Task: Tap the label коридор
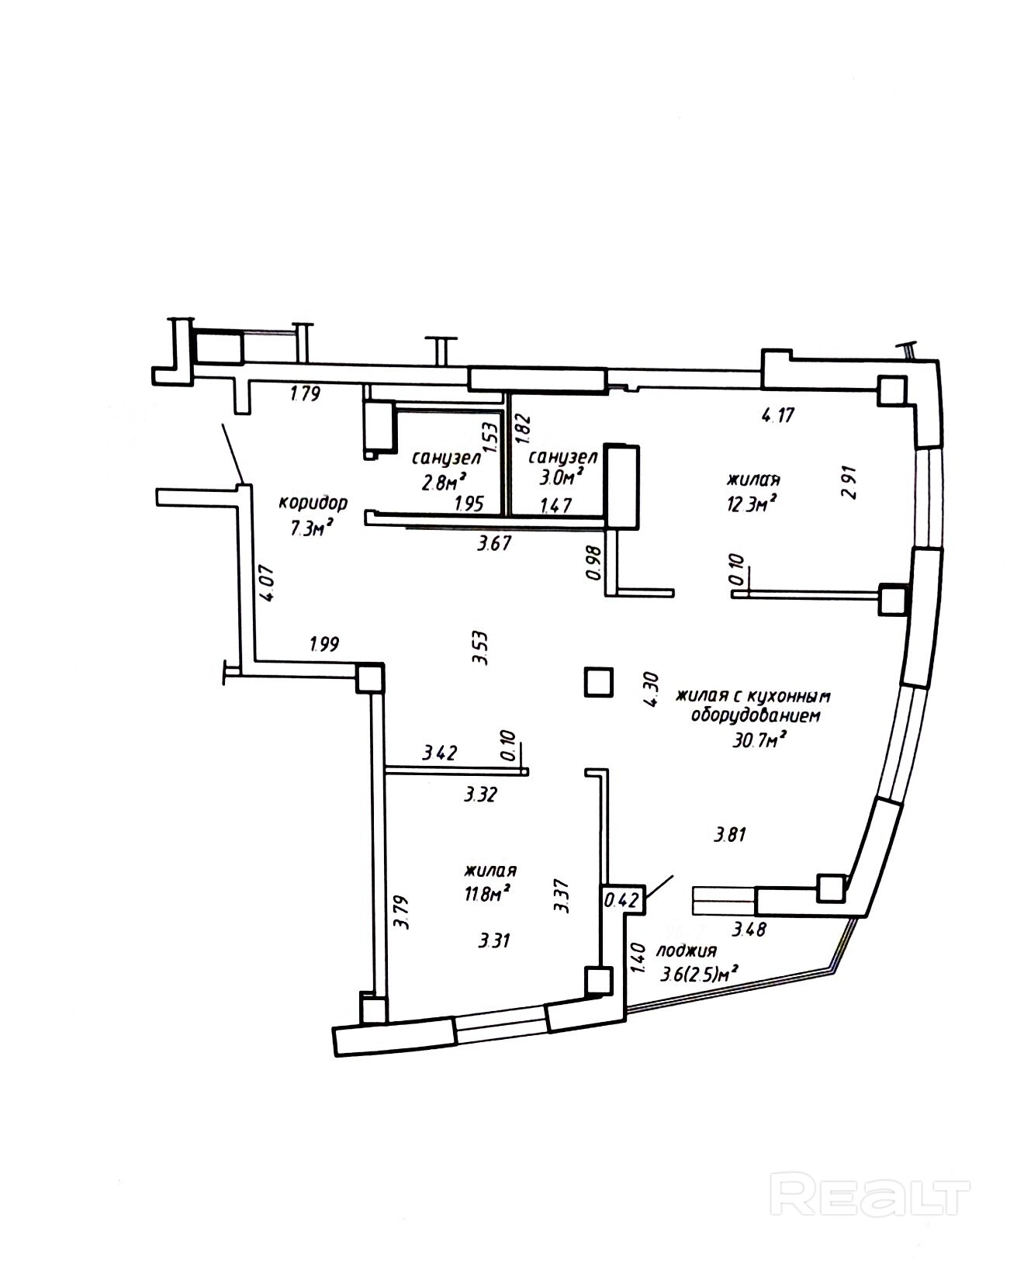313,502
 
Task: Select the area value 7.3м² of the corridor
312,528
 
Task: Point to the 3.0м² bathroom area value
561,476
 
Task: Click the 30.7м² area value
759,739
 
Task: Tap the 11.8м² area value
486,894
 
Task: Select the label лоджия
686,951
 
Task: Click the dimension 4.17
777,415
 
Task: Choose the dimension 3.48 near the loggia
749,928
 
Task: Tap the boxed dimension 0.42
621,900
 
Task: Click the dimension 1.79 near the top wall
305,393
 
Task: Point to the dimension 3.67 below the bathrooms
494,543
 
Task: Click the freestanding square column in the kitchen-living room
598,681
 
